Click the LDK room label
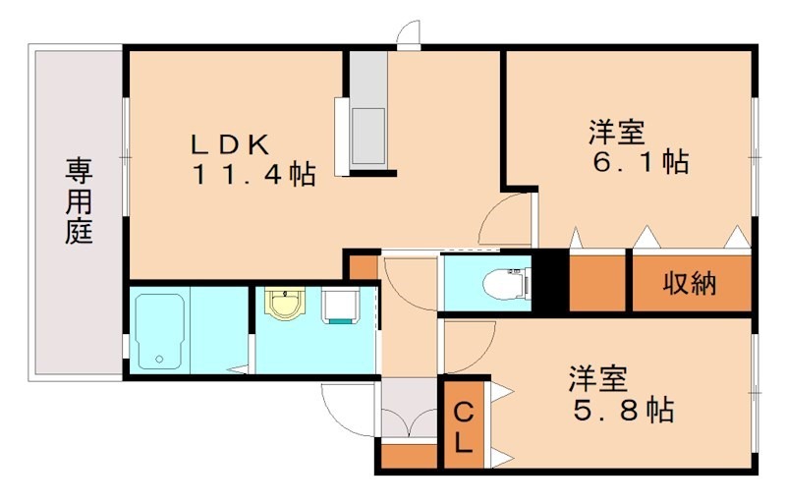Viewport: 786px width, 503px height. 229,144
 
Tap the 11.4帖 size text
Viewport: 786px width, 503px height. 253,176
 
